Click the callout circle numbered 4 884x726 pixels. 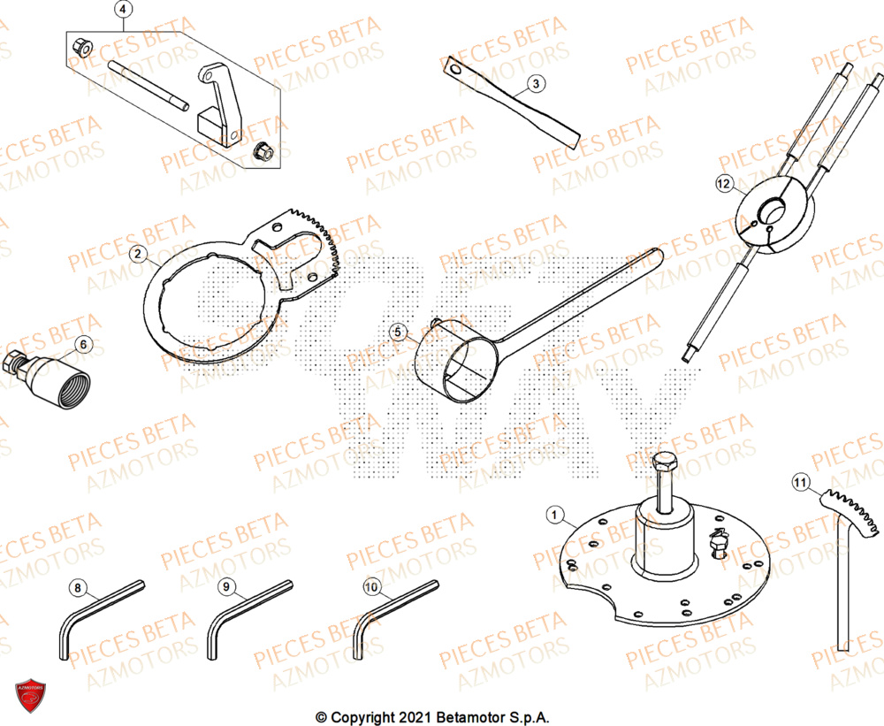(x=123, y=11)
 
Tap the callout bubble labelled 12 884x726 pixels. (x=725, y=184)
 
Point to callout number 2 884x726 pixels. (x=137, y=255)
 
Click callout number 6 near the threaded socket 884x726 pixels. (x=83, y=343)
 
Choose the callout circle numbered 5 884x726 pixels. (x=398, y=332)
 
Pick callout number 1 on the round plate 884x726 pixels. (x=554, y=514)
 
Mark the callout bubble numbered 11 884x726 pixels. (x=800, y=483)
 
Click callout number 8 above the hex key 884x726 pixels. (x=78, y=586)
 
